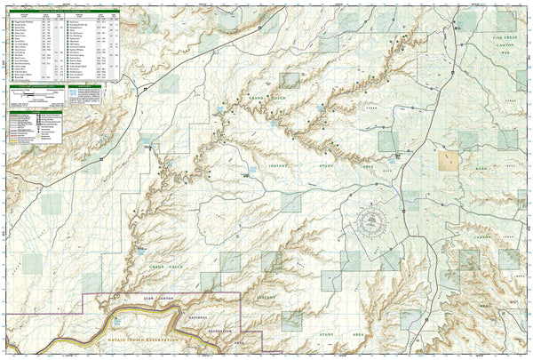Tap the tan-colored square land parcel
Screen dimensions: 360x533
[x=450, y=161]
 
